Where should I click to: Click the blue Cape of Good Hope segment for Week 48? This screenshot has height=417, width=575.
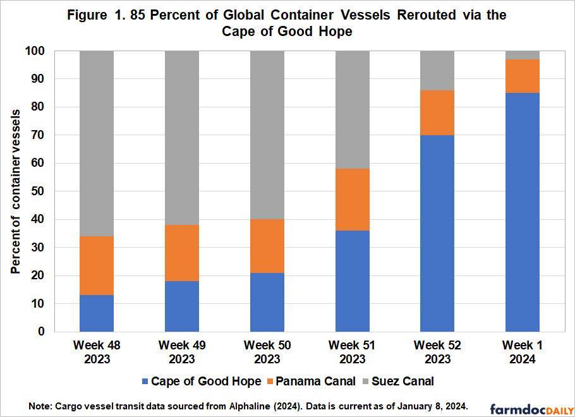click(x=97, y=313)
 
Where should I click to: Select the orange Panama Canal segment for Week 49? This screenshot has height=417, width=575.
click(x=182, y=253)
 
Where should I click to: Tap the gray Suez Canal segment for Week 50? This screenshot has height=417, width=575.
click(x=267, y=135)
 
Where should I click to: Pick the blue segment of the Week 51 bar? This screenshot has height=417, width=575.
click(x=352, y=281)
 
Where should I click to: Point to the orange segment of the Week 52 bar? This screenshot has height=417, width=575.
click(x=437, y=112)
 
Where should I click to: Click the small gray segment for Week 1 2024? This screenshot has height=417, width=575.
click(x=523, y=55)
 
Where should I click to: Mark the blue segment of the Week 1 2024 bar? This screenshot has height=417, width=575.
click(x=523, y=212)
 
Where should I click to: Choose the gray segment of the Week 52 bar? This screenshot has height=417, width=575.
click(x=437, y=70)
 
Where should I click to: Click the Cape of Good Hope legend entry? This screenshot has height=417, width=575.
click(x=202, y=382)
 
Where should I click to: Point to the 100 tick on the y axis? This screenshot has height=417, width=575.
click(x=35, y=51)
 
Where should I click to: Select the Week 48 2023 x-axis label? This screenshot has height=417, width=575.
click(x=97, y=352)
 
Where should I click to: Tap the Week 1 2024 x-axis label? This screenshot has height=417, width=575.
click(x=523, y=352)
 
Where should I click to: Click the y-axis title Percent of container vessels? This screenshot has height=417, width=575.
click(x=15, y=191)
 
